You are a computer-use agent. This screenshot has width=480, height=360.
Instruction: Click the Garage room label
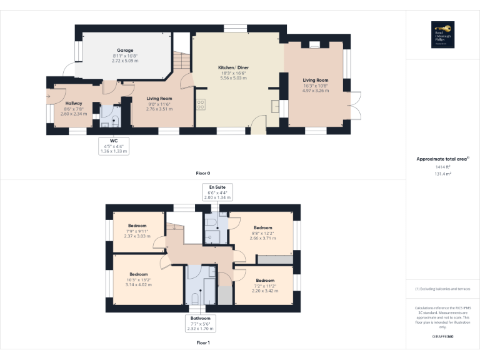[125, 51]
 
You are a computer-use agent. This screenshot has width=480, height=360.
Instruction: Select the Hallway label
[73, 103]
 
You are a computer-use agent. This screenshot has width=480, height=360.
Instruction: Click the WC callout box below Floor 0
[114, 146]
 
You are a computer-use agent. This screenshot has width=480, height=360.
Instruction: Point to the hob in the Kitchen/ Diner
[201, 104]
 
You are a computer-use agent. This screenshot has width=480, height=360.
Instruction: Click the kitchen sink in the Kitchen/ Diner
[276, 106]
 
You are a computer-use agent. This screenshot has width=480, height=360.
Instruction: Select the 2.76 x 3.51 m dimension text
[159, 109]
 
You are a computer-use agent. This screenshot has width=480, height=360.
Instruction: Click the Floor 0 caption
[203, 172]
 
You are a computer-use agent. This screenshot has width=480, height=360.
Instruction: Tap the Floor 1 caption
[203, 342]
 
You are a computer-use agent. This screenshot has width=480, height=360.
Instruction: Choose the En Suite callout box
[217, 192]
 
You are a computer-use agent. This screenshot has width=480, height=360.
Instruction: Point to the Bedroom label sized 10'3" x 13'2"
[139, 274]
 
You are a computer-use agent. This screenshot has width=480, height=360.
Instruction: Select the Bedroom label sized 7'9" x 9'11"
[137, 226]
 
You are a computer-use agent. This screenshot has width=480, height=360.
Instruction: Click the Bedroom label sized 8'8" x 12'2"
[262, 227]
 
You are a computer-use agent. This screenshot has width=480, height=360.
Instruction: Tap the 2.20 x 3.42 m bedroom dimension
[265, 291]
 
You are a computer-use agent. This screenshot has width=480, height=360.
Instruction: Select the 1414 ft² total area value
[442, 167]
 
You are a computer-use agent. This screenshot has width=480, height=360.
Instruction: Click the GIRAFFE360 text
[442, 336]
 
